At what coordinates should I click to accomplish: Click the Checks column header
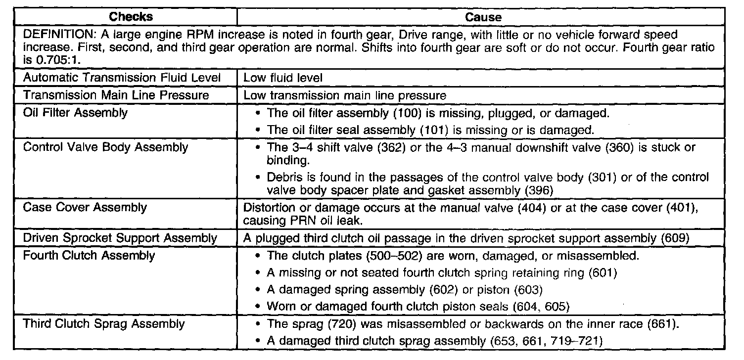[131, 17]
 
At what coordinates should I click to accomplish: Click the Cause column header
[483, 17]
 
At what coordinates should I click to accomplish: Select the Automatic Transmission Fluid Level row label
[122, 78]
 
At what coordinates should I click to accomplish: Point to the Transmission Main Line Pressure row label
[116, 94]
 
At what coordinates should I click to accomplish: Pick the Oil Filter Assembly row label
[75, 112]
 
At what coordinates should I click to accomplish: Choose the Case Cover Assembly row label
[85, 207]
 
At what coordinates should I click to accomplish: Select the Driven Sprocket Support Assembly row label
[120, 238]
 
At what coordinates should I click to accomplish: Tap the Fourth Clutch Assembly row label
[89, 255]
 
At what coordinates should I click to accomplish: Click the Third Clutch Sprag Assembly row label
[104, 324]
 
